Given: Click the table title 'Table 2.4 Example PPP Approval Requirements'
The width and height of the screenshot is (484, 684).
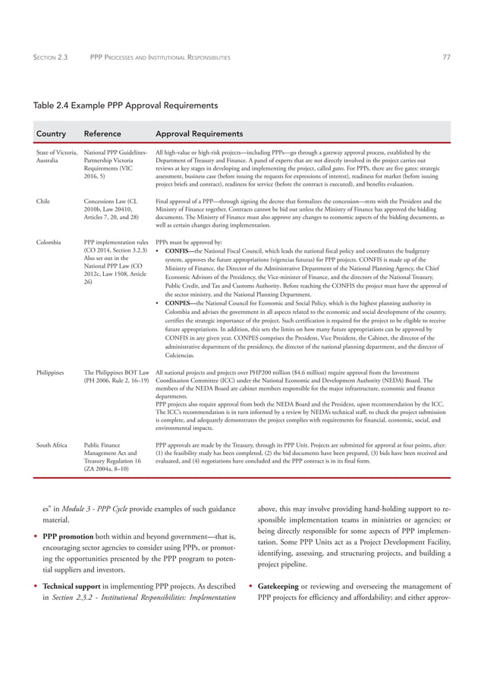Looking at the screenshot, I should pyautogui.click(x=124, y=105).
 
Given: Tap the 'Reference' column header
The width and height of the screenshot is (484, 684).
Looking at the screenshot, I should pyautogui.click(x=102, y=133).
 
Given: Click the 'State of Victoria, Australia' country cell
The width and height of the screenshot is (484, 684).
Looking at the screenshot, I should pyautogui.click(x=57, y=157).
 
